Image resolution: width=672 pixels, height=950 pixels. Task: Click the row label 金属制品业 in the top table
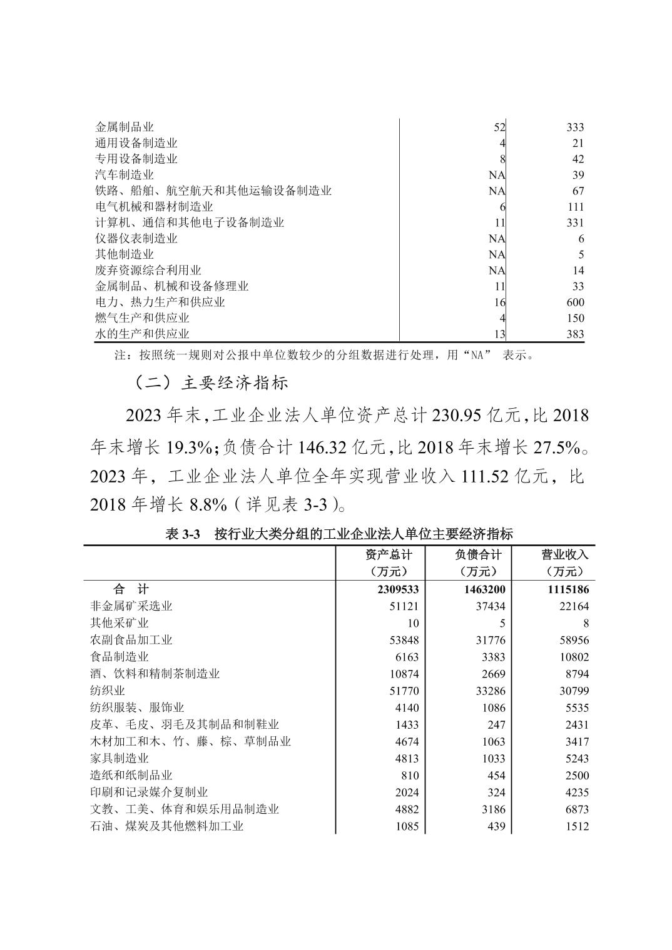[x=124, y=127]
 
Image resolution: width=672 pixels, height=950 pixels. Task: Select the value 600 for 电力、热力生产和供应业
[x=574, y=302]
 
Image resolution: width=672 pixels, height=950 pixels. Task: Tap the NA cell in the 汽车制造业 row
[x=497, y=175]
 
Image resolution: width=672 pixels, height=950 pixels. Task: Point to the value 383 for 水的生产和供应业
[x=574, y=334]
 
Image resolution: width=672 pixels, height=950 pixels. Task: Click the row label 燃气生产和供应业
[x=141, y=318]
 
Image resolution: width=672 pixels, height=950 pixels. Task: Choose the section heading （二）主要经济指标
[x=211, y=382]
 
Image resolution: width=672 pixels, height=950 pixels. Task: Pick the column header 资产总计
[x=389, y=554]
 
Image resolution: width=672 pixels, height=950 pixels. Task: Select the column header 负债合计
[x=478, y=554]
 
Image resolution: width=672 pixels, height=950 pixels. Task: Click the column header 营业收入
[x=564, y=554]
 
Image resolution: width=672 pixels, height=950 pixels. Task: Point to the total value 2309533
[x=394, y=589]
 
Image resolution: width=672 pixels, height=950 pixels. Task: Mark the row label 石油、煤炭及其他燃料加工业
[x=166, y=826]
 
